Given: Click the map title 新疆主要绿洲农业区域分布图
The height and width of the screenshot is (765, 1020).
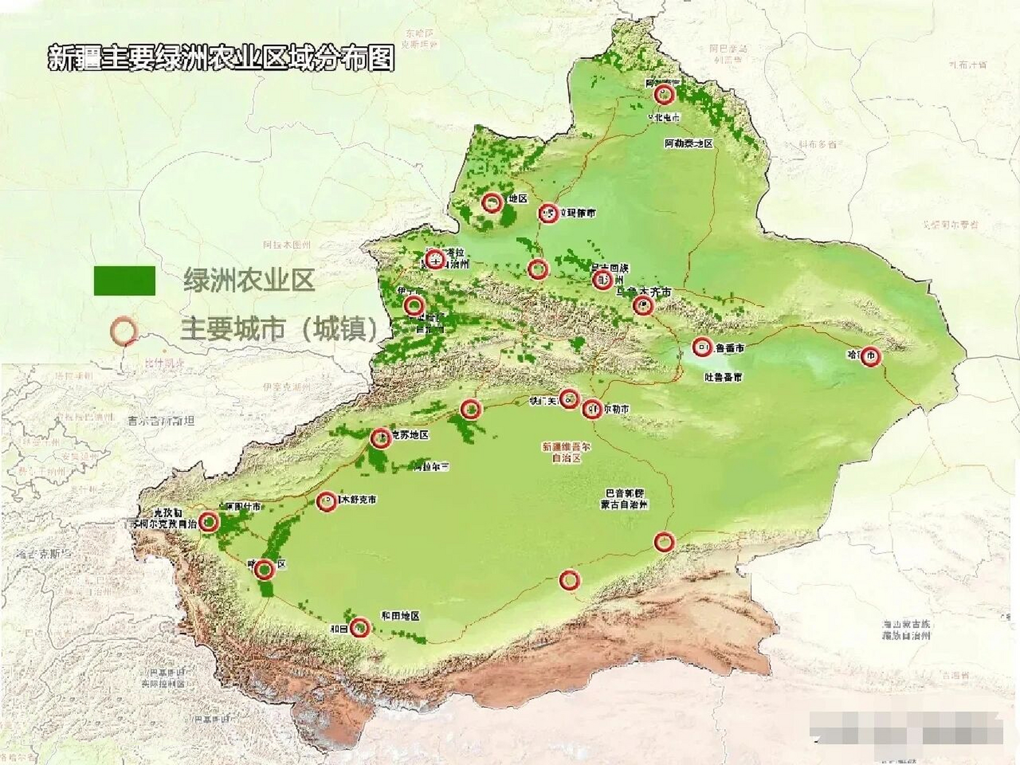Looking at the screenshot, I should [221, 58].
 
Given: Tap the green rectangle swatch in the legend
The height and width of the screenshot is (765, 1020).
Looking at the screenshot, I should [124, 280].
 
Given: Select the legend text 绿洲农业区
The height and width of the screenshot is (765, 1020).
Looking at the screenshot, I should [249, 280].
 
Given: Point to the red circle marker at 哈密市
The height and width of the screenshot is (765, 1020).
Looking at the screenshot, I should [871, 357].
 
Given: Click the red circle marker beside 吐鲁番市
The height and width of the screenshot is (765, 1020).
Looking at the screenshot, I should [702, 347].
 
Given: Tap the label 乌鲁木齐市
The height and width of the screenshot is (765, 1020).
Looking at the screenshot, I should [644, 292].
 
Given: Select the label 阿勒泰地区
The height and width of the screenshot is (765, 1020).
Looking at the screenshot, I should [689, 143].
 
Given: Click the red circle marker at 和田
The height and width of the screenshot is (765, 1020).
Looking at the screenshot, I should [359, 628].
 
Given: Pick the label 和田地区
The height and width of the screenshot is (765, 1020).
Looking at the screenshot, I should [400, 616].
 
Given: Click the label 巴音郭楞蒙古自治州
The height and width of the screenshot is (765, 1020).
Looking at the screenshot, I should [624, 499].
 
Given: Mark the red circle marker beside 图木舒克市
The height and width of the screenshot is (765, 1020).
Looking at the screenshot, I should [326, 501].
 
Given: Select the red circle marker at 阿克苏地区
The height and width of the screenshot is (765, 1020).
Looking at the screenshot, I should [381, 438].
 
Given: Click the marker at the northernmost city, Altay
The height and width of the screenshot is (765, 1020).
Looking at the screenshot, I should [663, 94].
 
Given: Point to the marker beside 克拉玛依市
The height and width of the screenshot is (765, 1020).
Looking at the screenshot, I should [548, 213].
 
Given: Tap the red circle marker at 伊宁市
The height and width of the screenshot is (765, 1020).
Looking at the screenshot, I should [413, 305].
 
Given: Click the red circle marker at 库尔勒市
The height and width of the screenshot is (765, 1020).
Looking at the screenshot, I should [592, 409].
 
